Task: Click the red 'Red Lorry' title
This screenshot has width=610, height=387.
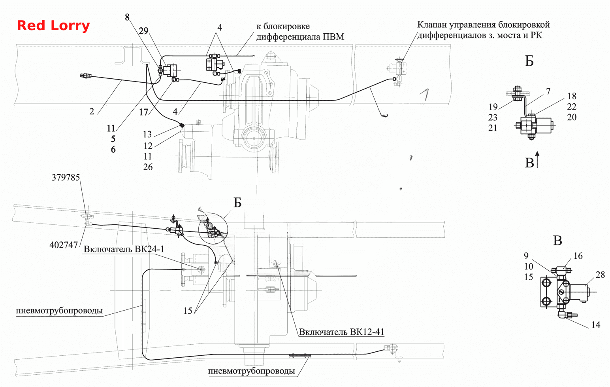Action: [53, 26]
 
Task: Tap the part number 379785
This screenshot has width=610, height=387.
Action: [66, 178]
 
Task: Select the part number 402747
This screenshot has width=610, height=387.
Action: [64, 245]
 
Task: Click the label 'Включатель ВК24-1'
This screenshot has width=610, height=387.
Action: [124, 249]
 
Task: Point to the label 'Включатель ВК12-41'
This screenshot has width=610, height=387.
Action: [341, 332]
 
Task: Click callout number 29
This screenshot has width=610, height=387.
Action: [143, 31]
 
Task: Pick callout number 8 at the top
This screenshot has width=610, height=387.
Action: [127, 17]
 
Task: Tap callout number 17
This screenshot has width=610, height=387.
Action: [143, 112]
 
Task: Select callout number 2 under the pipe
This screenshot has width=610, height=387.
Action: [92, 111]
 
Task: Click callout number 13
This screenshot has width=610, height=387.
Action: [147, 134]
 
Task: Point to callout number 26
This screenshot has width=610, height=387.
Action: [148, 167]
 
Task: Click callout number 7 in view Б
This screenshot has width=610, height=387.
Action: [548, 91]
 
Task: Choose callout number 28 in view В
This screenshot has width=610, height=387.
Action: [600, 275]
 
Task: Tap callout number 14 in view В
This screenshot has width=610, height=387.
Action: [595, 325]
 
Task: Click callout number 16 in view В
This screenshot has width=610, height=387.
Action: [578, 256]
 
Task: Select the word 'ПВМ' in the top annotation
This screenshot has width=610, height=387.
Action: [333, 36]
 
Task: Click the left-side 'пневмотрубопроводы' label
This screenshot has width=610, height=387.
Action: [59, 311]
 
